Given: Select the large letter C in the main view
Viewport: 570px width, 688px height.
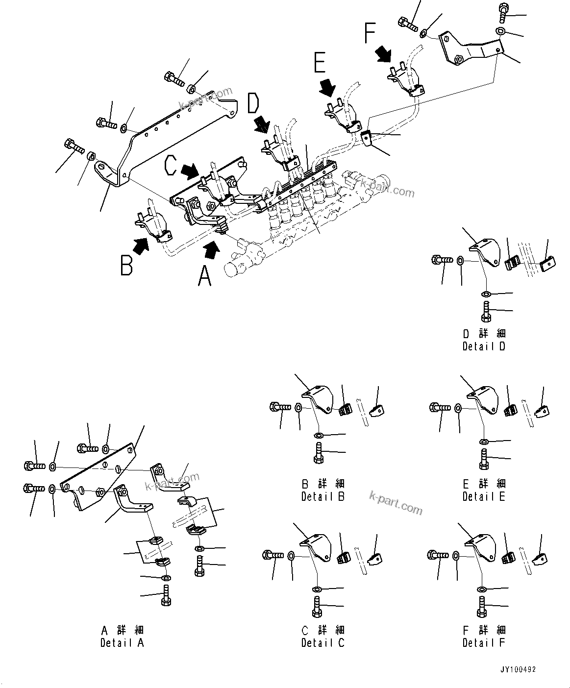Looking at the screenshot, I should pyautogui.click(x=170, y=165).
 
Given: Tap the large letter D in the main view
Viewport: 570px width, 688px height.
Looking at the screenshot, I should pyautogui.click(x=253, y=104).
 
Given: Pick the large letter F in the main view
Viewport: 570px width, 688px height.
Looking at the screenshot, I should pyautogui.click(x=370, y=33).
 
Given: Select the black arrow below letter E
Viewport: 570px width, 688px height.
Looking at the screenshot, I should pyautogui.click(x=326, y=88).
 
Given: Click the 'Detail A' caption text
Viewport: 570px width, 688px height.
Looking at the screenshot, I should pyautogui.click(x=122, y=642).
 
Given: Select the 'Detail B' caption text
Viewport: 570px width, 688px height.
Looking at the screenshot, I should pyautogui.click(x=323, y=496).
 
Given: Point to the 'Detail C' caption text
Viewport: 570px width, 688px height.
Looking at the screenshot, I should pyautogui.click(x=323, y=642).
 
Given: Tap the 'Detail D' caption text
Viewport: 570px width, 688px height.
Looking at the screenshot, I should pyautogui.click(x=484, y=346).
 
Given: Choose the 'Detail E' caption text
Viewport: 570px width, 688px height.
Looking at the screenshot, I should pyautogui.click(x=484, y=496).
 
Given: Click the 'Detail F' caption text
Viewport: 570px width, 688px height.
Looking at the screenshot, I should pyautogui.click(x=484, y=642).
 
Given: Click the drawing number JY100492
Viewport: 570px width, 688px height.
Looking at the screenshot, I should pyautogui.click(x=518, y=669).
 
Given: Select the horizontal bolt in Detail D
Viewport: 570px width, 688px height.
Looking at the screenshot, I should pyautogui.click(x=442, y=260).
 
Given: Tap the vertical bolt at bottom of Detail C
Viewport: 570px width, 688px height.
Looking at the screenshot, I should pyautogui.click(x=317, y=607).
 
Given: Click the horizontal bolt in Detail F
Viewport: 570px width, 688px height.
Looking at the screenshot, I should pyautogui.click(x=438, y=555).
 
